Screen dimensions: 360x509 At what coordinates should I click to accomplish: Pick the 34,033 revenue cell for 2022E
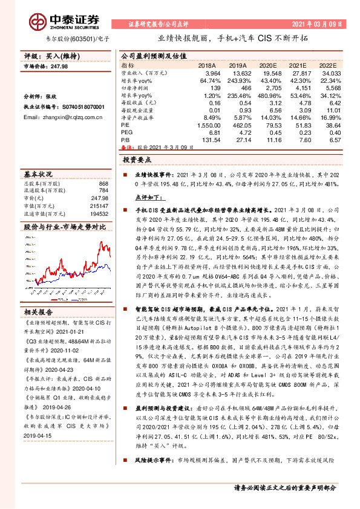pyautogui.click(x=324, y=71)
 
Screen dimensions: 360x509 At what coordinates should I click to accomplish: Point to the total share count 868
pyautogui.click(x=103, y=184)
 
